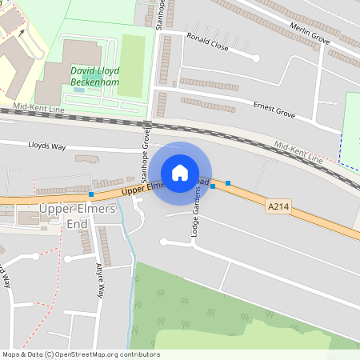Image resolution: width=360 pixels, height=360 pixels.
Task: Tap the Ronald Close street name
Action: pos(207,42)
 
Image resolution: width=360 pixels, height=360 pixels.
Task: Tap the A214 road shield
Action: pos(278,206)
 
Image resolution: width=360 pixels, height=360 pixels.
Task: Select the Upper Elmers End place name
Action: pos(78,215)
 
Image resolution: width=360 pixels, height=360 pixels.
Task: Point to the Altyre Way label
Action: pos(100,281)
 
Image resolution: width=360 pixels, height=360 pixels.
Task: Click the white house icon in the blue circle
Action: pos(180,172)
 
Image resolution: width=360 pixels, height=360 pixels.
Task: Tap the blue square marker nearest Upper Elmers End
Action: pos(91,194)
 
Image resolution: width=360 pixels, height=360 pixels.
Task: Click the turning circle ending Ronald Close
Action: pos(256,58)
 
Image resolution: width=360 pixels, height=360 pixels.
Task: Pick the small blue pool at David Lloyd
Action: pos(78,90)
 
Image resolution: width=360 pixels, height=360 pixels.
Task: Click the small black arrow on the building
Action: pos(22,34)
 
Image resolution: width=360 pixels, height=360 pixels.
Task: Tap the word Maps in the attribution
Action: pos(12,354)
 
